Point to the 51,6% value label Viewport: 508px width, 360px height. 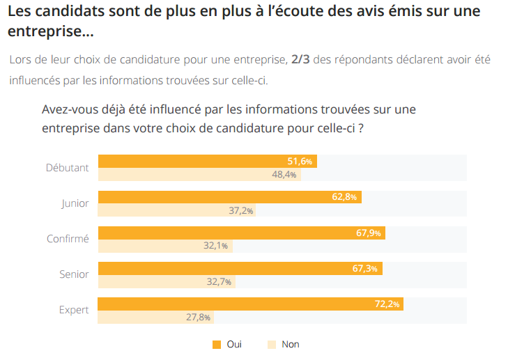[x=300, y=161]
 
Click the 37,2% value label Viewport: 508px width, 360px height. [x=240, y=210]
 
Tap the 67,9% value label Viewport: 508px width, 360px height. [x=368, y=233]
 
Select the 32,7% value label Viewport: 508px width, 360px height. [x=220, y=281]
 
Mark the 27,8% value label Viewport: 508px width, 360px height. [x=198, y=318]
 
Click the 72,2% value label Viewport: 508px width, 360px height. [x=387, y=304]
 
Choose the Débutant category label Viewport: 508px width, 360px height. [x=67, y=167]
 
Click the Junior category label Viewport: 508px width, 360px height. [x=75, y=203]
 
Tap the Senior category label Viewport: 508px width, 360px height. [x=74, y=274]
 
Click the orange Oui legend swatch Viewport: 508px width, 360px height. [x=216, y=344]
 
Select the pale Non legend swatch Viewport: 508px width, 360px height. [x=272, y=344]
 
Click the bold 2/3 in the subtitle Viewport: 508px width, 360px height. [x=300, y=59]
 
